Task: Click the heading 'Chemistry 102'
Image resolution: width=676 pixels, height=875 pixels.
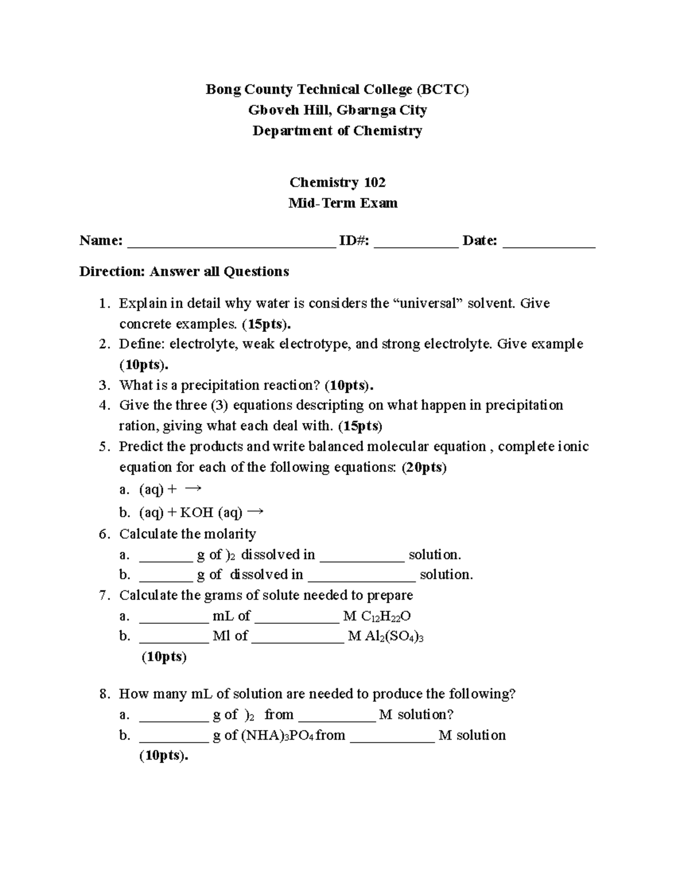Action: pyautogui.click(x=337, y=183)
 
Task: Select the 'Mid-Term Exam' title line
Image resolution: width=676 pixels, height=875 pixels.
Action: pyautogui.click(x=343, y=203)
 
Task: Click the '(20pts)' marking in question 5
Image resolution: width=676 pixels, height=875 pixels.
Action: pyautogui.click(x=424, y=468)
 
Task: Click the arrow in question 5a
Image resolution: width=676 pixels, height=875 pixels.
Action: pyautogui.click(x=193, y=488)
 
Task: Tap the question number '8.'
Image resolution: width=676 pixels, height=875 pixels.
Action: pyautogui.click(x=104, y=694)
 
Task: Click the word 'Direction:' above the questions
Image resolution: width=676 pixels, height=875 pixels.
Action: pyautogui.click(x=112, y=272)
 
